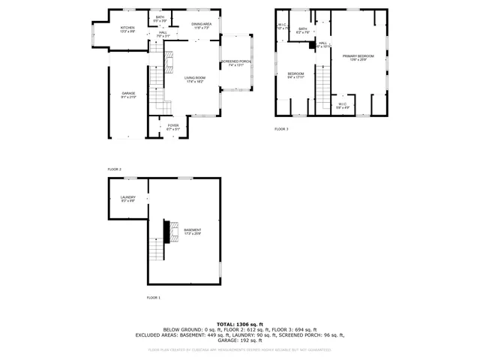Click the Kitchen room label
(x=127, y=27)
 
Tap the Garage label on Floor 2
(x=129, y=94)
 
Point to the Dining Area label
(x=202, y=25)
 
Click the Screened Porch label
(x=235, y=61)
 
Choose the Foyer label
(x=173, y=126)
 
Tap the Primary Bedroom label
(x=358, y=57)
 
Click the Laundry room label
(x=127, y=197)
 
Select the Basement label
(x=193, y=230)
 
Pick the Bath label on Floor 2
(x=160, y=16)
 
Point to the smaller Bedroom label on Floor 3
(x=295, y=73)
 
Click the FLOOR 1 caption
(x=153, y=298)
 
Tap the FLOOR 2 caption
(x=115, y=169)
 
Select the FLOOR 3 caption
(x=281, y=129)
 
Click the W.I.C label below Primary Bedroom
(x=342, y=104)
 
